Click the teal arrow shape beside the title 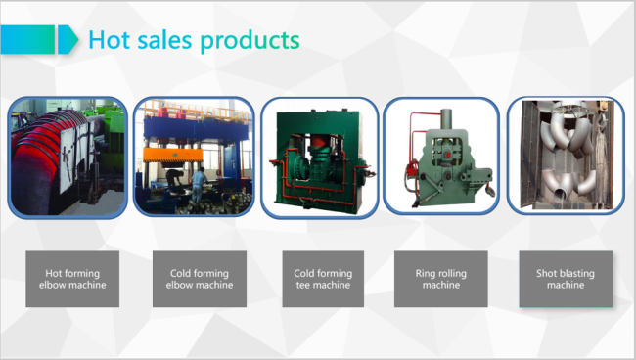(x=68, y=39)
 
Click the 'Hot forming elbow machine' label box (x=72, y=279)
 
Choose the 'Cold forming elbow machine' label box (x=200, y=279)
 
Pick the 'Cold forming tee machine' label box (x=323, y=279)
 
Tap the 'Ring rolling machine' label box (x=441, y=279)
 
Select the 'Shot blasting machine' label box (x=566, y=279)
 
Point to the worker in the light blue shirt (x=199, y=185)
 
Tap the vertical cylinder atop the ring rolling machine (x=446, y=119)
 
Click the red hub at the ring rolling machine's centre (x=448, y=155)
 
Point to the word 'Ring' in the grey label (x=426, y=274)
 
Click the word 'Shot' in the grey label (x=546, y=273)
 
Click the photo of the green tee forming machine (x=320, y=157)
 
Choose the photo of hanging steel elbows (x=566, y=156)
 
